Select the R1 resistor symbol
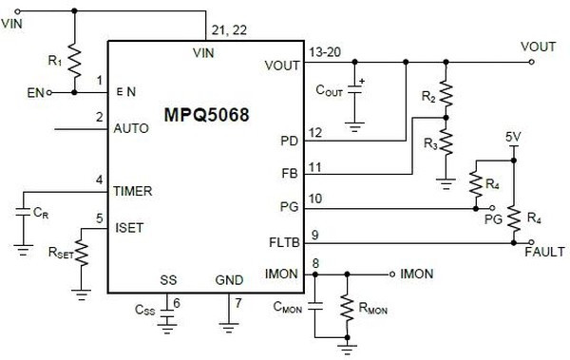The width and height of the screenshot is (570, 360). point(73,54)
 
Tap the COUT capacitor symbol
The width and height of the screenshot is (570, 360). point(356,92)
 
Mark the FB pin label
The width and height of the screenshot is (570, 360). point(290,175)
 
